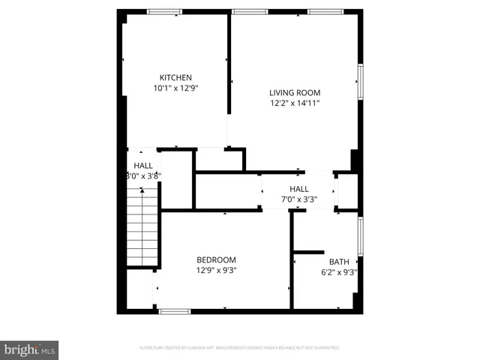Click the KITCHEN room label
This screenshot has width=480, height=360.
(x=175, y=77)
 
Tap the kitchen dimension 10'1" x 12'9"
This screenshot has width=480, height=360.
(x=175, y=88)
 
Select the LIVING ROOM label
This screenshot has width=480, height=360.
(x=295, y=93)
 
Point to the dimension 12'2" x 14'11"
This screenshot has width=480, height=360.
(x=295, y=103)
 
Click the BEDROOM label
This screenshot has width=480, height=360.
(x=217, y=259)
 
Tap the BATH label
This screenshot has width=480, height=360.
(x=339, y=262)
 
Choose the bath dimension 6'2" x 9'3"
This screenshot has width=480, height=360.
(x=339, y=272)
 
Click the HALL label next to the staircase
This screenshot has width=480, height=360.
(x=143, y=165)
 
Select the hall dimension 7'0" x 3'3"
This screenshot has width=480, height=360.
(x=299, y=199)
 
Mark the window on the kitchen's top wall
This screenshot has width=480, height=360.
(x=163, y=11)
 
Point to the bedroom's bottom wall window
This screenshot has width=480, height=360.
(x=174, y=310)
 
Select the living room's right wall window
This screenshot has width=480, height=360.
(x=361, y=84)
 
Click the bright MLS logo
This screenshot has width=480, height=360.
(x=30, y=349)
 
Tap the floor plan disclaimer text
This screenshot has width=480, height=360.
(x=240, y=348)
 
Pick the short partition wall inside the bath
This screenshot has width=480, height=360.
(x=308, y=252)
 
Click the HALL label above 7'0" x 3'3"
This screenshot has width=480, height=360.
(x=299, y=189)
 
